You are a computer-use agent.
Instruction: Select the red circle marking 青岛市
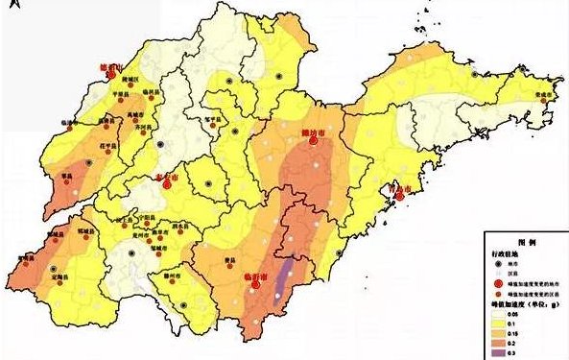(x=399, y=198)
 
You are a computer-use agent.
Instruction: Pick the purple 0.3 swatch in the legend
(x=500, y=350)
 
